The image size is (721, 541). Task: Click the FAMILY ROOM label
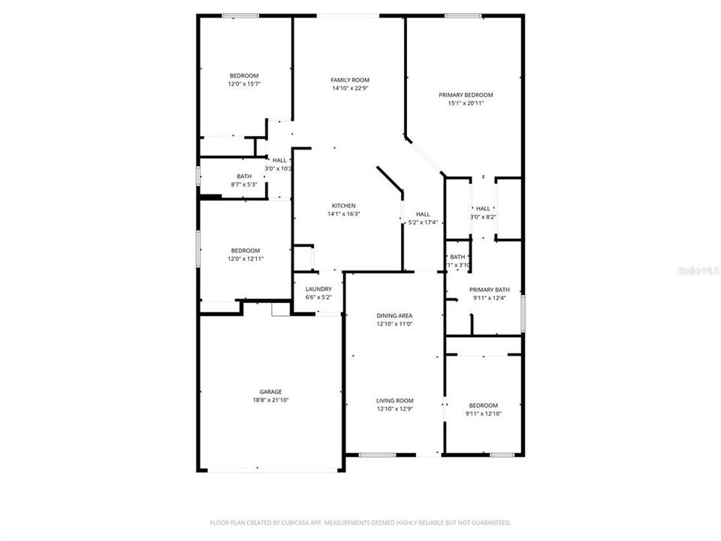click(x=350, y=80)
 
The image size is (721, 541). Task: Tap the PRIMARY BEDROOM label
click(x=466, y=95)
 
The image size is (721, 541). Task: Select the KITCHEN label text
click(x=344, y=205)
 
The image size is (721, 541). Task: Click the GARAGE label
click(x=270, y=391)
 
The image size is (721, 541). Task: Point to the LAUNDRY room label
click(x=318, y=289)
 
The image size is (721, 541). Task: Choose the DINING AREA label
click(x=394, y=316)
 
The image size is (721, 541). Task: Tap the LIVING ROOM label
click(x=394, y=400)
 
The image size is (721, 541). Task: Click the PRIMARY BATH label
click(x=490, y=290)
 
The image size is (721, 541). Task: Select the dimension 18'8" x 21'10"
click(x=270, y=400)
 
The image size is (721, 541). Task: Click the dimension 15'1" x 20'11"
click(x=466, y=104)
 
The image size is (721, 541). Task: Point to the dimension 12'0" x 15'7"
click(x=244, y=84)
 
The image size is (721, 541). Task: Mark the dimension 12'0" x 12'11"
click(x=245, y=259)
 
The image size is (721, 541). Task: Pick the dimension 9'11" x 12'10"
click(x=483, y=414)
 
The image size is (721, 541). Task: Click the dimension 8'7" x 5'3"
click(x=244, y=185)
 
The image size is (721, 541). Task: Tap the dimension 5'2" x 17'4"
click(x=423, y=223)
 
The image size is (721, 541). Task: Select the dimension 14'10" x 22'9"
click(x=350, y=89)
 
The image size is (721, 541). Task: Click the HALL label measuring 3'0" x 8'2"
click(x=483, y=209)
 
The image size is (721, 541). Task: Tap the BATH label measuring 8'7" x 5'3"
click(x=244, y=176)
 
